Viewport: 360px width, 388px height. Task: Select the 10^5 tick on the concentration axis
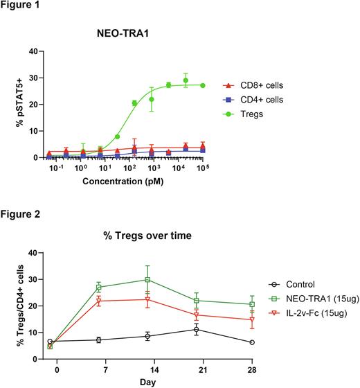202,168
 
